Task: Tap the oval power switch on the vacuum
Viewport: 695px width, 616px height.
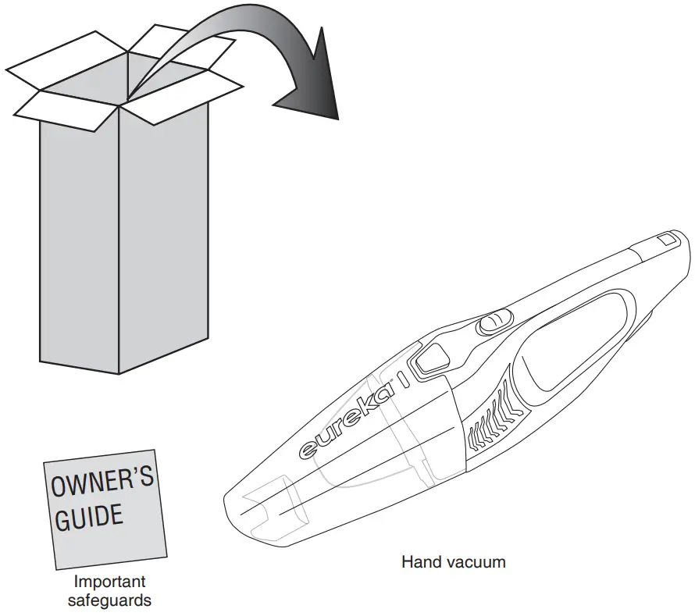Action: (493, 322)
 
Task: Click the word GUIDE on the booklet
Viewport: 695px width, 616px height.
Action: (88, 518)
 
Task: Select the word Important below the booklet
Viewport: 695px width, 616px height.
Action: (109, 582)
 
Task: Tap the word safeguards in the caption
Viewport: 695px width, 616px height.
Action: (109, 600)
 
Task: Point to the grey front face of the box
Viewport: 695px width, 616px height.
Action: (78, 234)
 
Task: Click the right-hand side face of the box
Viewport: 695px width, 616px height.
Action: (164, 234)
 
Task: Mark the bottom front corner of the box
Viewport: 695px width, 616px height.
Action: (118, 373)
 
